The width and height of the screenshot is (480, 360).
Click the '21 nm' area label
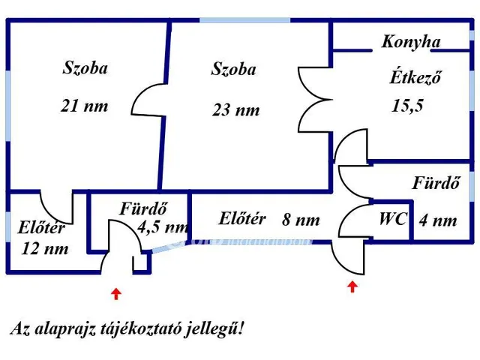point(84,106)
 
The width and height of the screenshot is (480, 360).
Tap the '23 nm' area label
point(235,109)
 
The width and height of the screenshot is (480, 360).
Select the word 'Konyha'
point(410,42)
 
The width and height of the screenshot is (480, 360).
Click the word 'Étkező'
point(413,76)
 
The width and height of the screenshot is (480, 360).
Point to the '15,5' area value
point(407,105)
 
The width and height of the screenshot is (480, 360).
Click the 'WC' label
point(393,219)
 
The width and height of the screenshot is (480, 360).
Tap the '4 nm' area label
point(437,220)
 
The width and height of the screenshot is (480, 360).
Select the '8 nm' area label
point(301,220)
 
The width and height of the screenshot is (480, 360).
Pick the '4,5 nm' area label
point(163,226)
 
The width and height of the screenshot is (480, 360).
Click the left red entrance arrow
point(115,293)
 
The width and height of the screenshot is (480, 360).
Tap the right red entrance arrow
point(352,287)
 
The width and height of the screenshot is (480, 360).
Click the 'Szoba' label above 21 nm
point(85,68)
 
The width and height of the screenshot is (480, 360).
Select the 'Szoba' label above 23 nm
point(233,70)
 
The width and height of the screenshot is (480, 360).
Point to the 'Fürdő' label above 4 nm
point(436,182)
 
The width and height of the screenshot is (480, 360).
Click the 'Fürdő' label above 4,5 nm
point(143,209)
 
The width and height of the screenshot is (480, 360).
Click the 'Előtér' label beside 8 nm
point(242,219)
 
